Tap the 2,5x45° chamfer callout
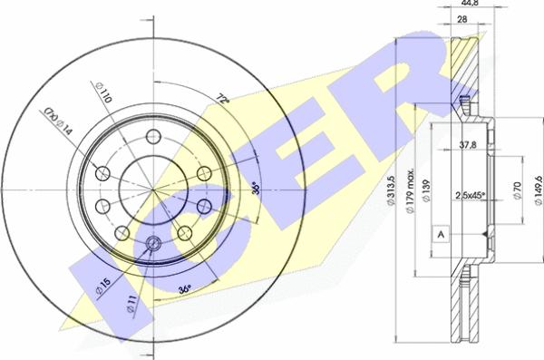click(469, 193)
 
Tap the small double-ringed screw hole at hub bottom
click(152, 242)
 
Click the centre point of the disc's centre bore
click(152, 189)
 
